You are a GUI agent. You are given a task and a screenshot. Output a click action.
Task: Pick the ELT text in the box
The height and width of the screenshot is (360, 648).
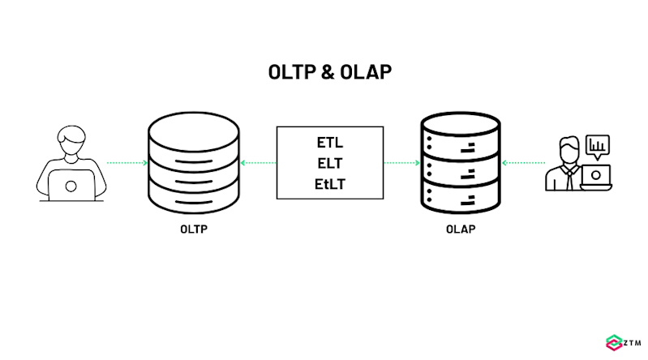(x=330, y=164)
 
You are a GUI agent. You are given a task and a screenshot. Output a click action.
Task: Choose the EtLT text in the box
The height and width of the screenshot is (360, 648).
(x=330, y=184)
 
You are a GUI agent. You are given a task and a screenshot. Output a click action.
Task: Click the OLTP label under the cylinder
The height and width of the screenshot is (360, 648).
(x=194, y=229)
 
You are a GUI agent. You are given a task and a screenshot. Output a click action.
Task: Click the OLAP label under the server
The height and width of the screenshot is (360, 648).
(x=460, y=229)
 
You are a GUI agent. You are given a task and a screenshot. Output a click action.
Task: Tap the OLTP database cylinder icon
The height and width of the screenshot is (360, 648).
(x=194, y=162)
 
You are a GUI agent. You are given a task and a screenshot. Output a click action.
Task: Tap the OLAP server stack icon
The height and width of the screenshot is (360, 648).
(x=459, y=162)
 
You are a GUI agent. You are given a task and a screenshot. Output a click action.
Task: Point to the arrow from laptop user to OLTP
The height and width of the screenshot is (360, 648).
(x=127, y=163)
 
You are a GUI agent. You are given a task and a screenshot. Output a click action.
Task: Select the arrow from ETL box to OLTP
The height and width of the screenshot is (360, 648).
(x=260, y=163)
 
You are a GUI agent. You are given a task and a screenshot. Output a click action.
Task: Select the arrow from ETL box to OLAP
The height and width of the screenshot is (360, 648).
(x=401, y=163)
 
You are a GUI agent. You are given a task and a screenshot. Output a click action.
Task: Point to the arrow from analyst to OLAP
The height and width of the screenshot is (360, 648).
(x=523, y=163)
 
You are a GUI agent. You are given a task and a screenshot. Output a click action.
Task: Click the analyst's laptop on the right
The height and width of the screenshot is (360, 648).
(x=597, y=177)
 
